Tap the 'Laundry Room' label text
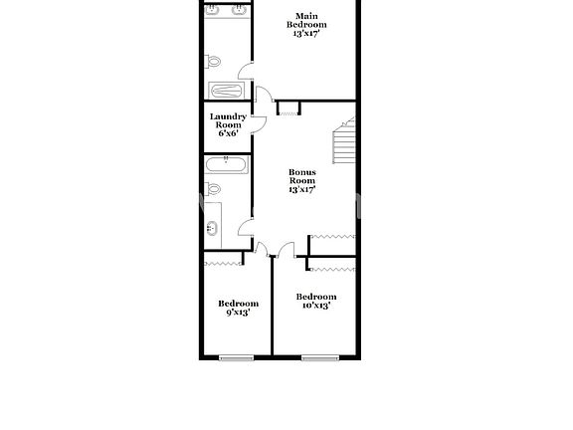click(228, 120)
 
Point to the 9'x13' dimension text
click(238, 313)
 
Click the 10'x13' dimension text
click(315, 306)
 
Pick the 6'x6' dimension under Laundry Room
click(228, 134)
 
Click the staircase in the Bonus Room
click(343, 143)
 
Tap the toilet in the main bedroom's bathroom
click(213, 62)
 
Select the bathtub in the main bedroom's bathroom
click(226, 91)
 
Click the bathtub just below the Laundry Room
click(226, 165)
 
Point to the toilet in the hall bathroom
click(213, 188)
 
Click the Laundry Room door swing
click(257, 122)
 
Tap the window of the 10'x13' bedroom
click(317, 357)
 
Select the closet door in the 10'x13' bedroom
click(332, 269)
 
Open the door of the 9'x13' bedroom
click(263, 249)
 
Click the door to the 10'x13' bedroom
click(286, 249)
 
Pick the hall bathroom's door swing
click(245, 229)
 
